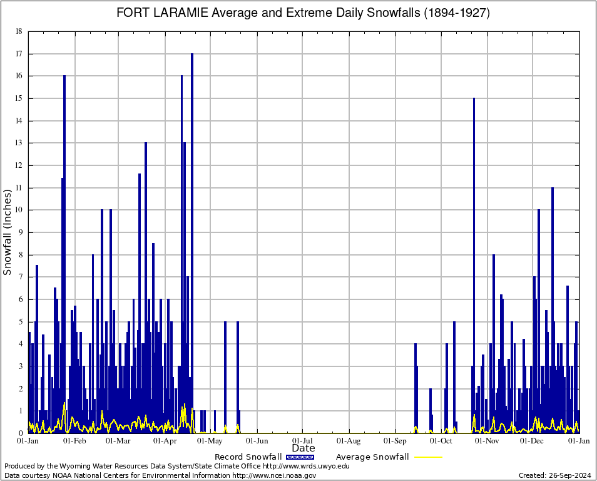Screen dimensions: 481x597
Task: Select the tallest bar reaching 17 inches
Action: pyautogui.click(x=192, y=188)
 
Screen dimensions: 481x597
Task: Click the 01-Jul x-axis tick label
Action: pyautogui.click(x=303, y=441)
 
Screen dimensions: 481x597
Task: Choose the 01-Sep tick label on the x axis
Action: pyautogui.click(x=395, y=441)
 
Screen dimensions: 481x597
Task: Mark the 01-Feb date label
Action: pyautogui.click(x=75, y=441)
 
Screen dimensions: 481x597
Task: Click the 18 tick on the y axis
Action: pyautogui.click(x=19, y=31)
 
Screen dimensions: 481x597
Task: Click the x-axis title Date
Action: pyautogui.click(x=304, y=448)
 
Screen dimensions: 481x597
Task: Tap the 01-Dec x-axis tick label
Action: pyautogui.click(x=533, y=441)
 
